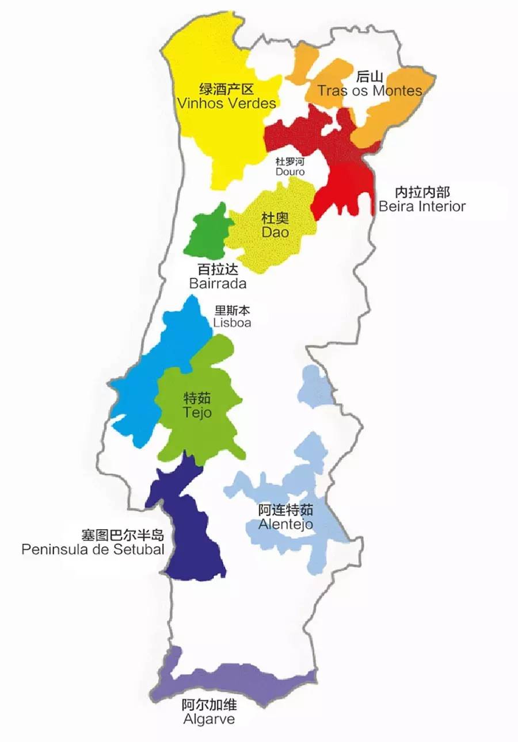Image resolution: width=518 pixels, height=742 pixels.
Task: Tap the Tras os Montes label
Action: [370, 91]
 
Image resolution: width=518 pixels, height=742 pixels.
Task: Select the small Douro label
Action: [290, 172]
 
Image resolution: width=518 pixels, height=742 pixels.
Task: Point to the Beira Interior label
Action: [422, 206]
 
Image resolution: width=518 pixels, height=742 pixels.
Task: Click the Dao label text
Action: [275, 233]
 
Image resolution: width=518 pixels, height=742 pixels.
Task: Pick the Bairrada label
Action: [218, 283]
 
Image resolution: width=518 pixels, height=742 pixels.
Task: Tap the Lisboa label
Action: [232, 323]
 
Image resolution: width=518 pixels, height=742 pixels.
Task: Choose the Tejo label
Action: [197, 413]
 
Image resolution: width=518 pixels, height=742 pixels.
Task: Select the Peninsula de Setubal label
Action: [93, 549]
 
